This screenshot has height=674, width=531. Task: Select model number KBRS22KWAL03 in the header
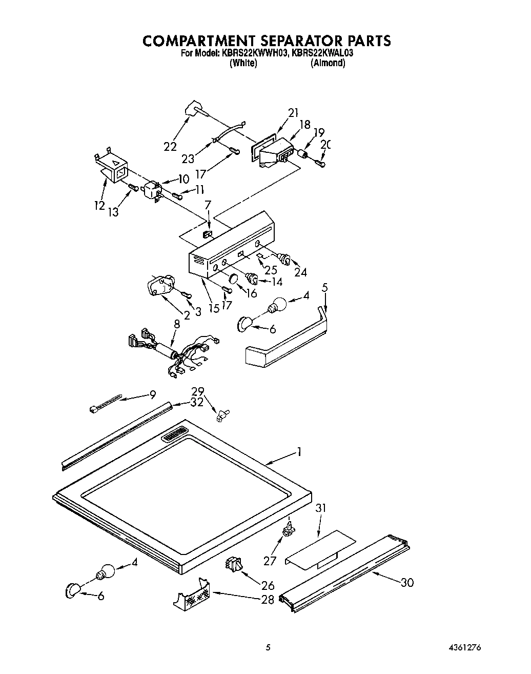click(322, 52)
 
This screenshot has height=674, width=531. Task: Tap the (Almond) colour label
click(328, 63)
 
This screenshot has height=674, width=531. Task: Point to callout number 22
click(170, 146)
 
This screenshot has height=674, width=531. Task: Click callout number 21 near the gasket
click(293, 113)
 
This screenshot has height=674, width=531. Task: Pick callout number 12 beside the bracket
click(99, 205)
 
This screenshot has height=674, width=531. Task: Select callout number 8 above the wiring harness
click(177, 324)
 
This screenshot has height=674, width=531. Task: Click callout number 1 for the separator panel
click(299, 452)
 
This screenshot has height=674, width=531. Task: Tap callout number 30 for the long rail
click(407, 582)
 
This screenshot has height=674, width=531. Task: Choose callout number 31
click(321, 508)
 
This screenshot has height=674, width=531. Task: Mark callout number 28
click(268, 599)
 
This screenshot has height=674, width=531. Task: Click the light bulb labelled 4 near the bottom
click(105, 570)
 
